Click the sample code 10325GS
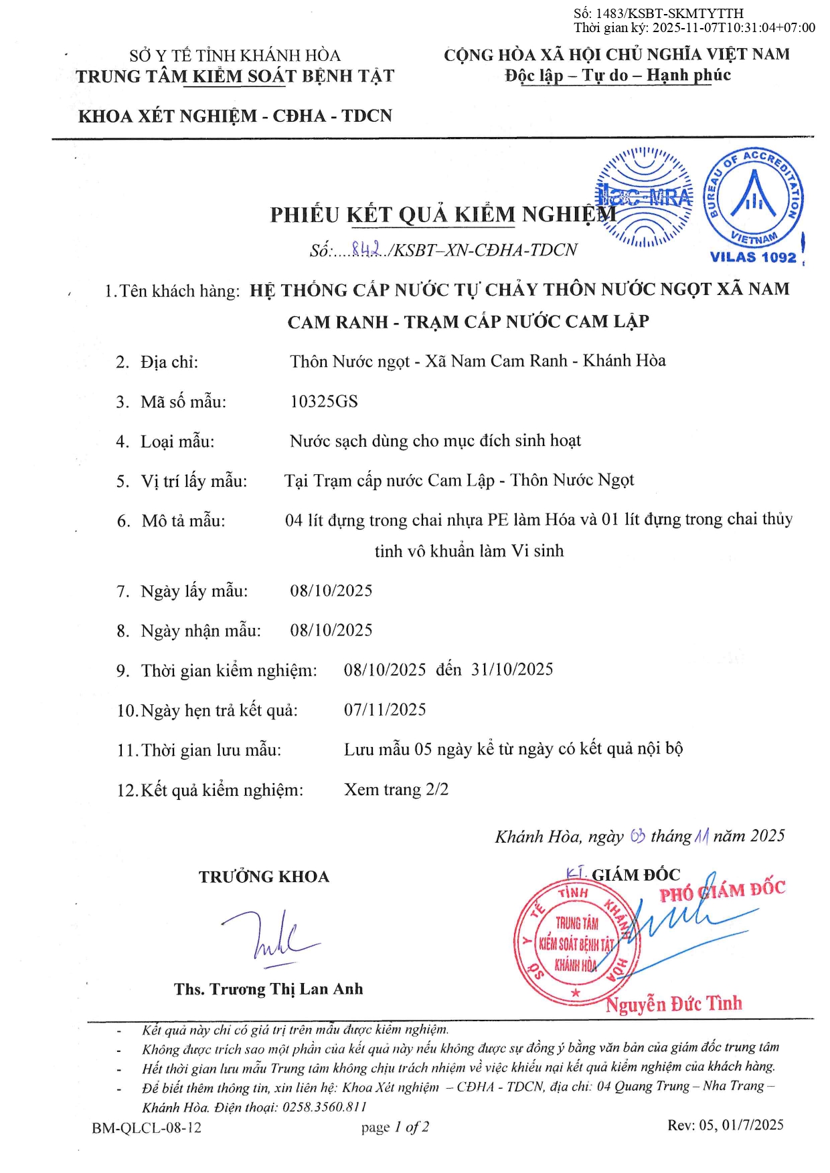pos(324,401)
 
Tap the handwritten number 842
pos(365,249)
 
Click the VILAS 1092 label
pos(753,257)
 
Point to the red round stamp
pos(576,942)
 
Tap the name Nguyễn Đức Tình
pos(674,1003)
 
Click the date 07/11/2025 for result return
pos(385,710)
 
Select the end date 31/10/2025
pos(512,669)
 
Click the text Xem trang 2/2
pos(396,789)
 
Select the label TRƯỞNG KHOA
pos(264,877)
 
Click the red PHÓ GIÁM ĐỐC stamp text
pos(722,891)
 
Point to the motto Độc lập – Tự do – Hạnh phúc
pos(618,75)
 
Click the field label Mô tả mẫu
pos(183,521)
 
